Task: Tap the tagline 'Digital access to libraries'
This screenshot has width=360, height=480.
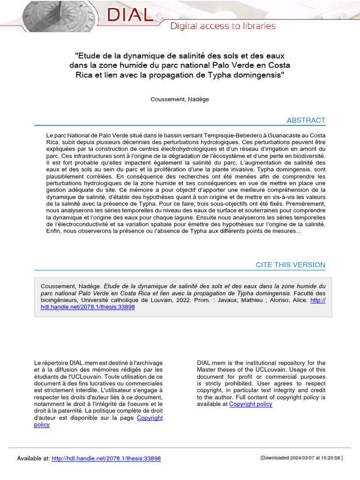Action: point(223,26)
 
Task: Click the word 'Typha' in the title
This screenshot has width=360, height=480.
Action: point(227,75)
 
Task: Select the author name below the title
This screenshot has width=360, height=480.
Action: point(180,99)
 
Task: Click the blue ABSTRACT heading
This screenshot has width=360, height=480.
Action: point(306,120)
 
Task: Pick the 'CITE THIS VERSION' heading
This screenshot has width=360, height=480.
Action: point(290,265)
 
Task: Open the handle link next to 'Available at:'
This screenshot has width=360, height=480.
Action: point(106,458)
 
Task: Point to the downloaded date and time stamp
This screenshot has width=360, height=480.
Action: point(301,458)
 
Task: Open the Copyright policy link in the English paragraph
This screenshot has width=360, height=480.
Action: point(250,404)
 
